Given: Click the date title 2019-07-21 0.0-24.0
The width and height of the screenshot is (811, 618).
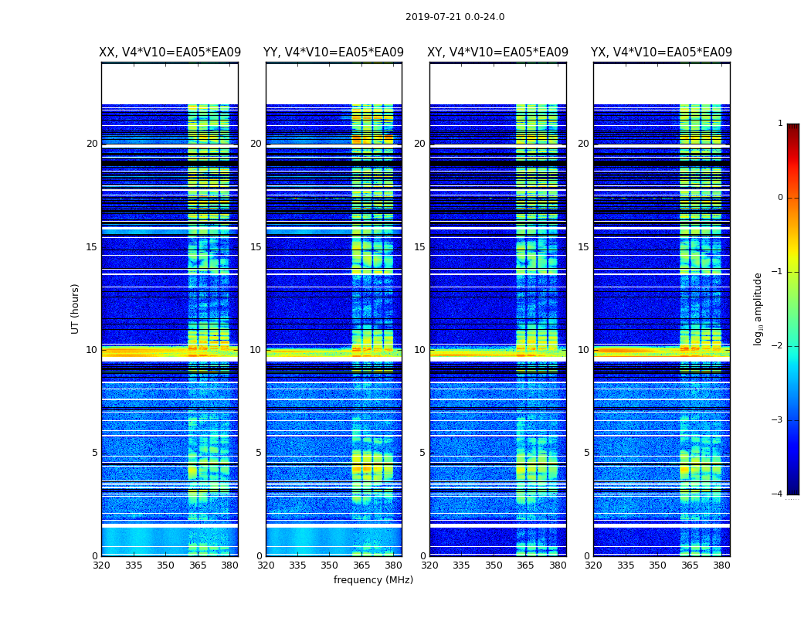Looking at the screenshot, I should (x=455, y=17).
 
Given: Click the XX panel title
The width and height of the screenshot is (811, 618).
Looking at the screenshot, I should (x=170, y=53).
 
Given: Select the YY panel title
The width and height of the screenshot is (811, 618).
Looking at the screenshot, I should (x=334, y=53).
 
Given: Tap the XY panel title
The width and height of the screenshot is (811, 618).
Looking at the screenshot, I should (x=498, y=53).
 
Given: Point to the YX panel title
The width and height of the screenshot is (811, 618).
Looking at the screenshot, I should (x=662, y=53).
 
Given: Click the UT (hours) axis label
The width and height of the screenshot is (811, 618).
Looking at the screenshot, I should (x=76, y=308).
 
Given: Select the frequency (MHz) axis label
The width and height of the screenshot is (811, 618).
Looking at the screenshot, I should (x=373, y=580).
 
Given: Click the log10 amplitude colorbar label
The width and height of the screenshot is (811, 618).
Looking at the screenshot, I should (x=758, y=308).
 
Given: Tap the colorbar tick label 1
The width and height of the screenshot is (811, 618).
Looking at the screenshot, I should (x=780, y=124).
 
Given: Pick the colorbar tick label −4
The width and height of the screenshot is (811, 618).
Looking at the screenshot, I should (x=778, y=494).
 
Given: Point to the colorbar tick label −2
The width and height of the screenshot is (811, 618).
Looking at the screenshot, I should (x=778, y=346).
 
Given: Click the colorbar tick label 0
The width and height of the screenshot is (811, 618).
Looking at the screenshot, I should (x=780, y=198).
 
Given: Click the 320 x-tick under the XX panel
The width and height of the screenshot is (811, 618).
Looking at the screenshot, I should (x=101, y=565).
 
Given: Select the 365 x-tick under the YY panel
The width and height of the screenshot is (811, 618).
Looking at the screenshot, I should (x=361, y=565).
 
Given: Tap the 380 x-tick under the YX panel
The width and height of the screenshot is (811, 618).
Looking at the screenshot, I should (x=721, y=565).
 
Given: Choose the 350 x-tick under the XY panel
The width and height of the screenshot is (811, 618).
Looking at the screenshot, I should (x=494, y=565).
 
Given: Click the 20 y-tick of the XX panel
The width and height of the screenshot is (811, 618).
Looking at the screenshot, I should (x=92, y=144).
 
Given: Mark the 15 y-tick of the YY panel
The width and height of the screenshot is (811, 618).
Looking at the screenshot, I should (x=256, y=247).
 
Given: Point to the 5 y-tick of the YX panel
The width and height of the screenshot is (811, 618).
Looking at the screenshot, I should (x=587, y=453).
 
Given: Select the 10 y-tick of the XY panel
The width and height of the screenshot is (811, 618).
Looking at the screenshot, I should (x=419, y=350).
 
